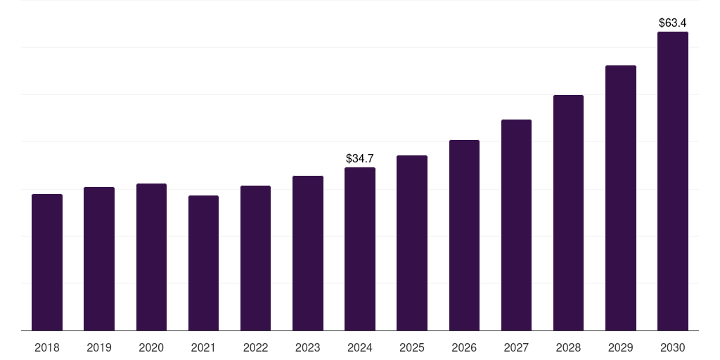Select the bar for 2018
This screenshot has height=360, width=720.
coord(47,262)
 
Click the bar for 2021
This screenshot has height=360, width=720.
coord(203,263)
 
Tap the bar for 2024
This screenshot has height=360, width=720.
coord(360,249)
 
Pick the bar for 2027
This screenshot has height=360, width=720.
coord(516,225)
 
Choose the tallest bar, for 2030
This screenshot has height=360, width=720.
coord(673,181)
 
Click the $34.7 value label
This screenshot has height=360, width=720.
coord(360,158)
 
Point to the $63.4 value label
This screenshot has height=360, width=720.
coord(673,23)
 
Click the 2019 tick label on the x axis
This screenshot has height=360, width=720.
coord(99,347)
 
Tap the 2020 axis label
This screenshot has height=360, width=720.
coord(151,347)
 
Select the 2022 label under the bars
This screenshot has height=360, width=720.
coord(255,347)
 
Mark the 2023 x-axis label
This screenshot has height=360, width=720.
coord(308,347)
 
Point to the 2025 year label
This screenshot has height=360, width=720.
coord(412,347)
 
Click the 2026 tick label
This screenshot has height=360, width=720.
coord(464,347)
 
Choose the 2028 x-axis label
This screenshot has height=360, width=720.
coord(568,347)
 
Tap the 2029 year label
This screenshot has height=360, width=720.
coord(620,347)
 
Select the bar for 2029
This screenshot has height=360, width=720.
coord(621,198)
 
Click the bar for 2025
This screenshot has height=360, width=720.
coord(412,243)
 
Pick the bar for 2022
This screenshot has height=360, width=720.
coord(255,258)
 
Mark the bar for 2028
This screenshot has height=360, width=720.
coord(568,212)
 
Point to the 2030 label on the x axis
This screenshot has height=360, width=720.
coord(673,347)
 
